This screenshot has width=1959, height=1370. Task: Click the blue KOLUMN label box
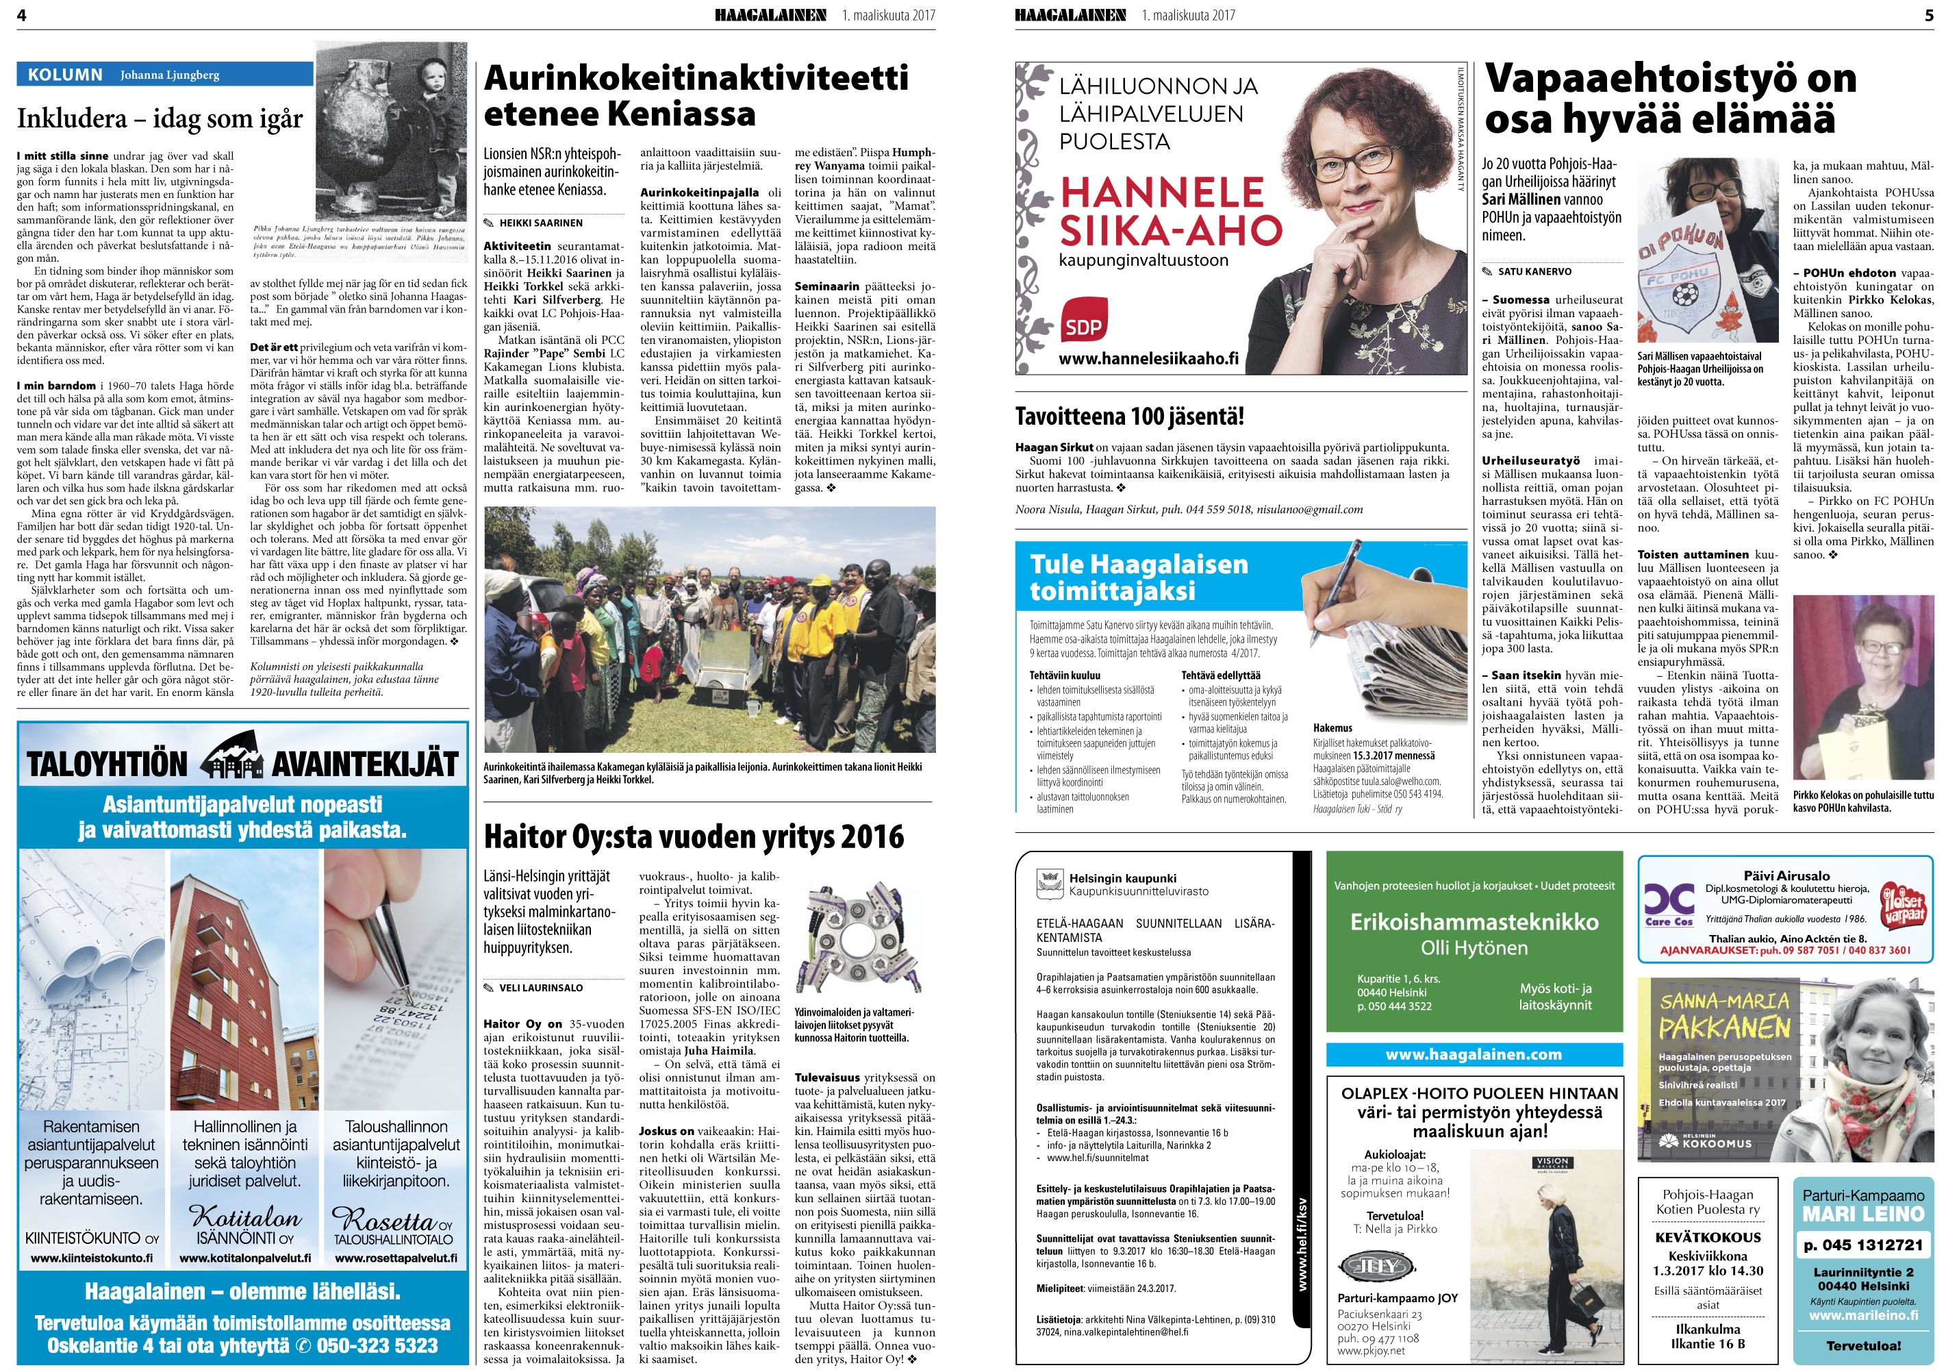click(x=65, y=74)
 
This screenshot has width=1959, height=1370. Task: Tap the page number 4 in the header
click(x=21, y=14)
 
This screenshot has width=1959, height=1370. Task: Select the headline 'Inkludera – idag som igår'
click(x=160, y=118)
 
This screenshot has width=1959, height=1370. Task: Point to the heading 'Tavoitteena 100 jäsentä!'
click(x=1129, y=416)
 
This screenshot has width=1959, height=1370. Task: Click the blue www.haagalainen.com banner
click(x=1474, y=1055)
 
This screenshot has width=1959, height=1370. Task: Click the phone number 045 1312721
click(x=1862, y=1245)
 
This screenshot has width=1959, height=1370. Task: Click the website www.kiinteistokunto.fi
click(x=91, y=1258)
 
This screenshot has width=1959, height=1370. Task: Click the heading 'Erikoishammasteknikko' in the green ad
click(x=1474, y=922)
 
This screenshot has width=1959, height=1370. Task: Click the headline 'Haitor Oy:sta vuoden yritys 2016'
click(x=694, y=836)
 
